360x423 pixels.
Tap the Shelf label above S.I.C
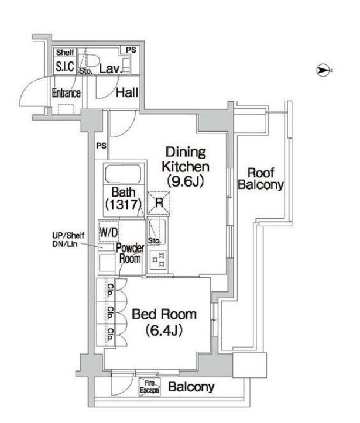[x=64, y=53]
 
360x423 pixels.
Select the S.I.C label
[x=64, y=67]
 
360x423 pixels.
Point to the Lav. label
[x=111, y=68]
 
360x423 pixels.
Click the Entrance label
[x=66, y=93]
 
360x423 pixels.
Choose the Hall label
[x=127, y=92]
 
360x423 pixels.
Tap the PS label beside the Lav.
[x=131, y=50]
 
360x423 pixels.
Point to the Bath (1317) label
[x=124, y=198]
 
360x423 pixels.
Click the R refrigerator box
[x=159, y=204]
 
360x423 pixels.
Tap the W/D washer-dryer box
[x=108, y=232]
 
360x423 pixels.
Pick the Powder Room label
[x=130, y=253]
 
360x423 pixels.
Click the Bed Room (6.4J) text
[x=164, y=322]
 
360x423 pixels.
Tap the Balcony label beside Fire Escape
[x=191, y=387]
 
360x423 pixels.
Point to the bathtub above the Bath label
[x=123, y=175]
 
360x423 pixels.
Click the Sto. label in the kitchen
[x=155, y=240]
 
